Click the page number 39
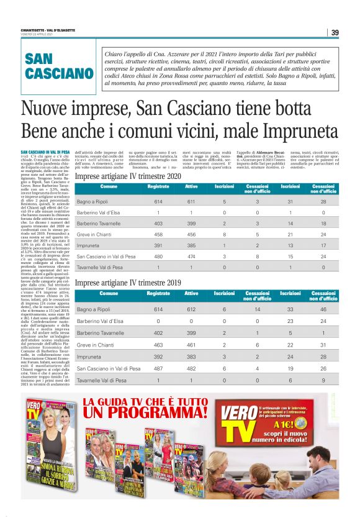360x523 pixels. pos(335,33)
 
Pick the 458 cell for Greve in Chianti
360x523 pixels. pos(158,234)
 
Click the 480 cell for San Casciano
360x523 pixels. pos(158,256)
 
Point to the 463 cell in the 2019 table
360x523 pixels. pos(158,340)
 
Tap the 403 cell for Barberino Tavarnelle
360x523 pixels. pos(158,224)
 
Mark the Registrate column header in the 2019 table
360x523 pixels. pos(158,293)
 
